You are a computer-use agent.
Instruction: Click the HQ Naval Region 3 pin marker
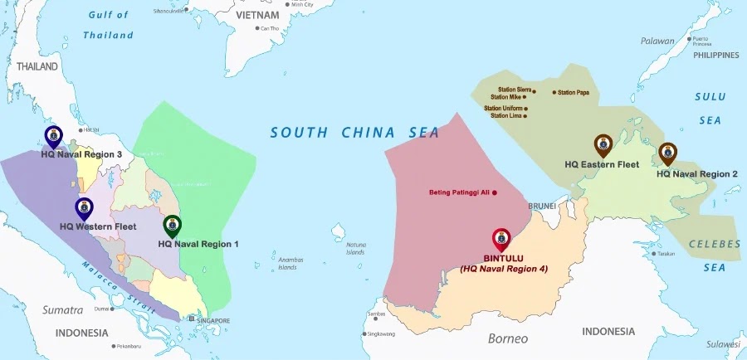point(54,136)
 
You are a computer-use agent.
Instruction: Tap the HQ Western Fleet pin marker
point(84,208)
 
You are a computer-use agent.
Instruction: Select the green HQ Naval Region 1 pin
point(172,225)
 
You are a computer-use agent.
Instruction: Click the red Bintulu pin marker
point(501,239)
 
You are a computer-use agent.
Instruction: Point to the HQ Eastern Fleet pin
point(603,145)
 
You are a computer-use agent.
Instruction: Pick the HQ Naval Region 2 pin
point(667,153)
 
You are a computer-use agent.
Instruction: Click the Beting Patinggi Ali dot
point(495,193)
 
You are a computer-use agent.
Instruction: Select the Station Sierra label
point(514,90)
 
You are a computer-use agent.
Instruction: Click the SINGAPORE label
point(213,319)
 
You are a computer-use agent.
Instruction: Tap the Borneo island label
point(507,338)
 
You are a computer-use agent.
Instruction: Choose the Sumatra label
point(63,310)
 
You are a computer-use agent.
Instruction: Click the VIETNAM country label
point(258,15)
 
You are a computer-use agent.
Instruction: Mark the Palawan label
point(657,41)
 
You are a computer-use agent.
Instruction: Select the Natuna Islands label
point(355,248)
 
